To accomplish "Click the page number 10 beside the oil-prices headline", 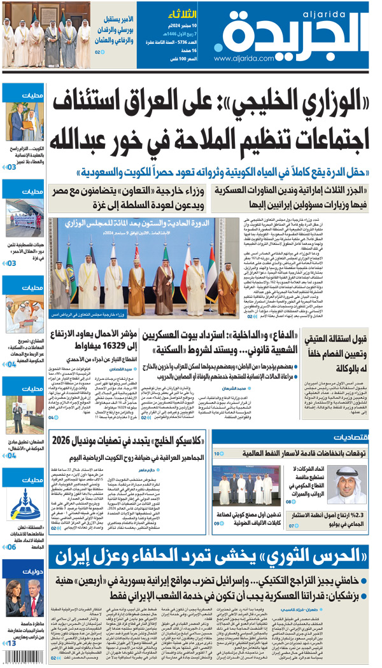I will click(x=218, y=454).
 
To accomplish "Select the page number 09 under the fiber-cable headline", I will click(x=217, y=523).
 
